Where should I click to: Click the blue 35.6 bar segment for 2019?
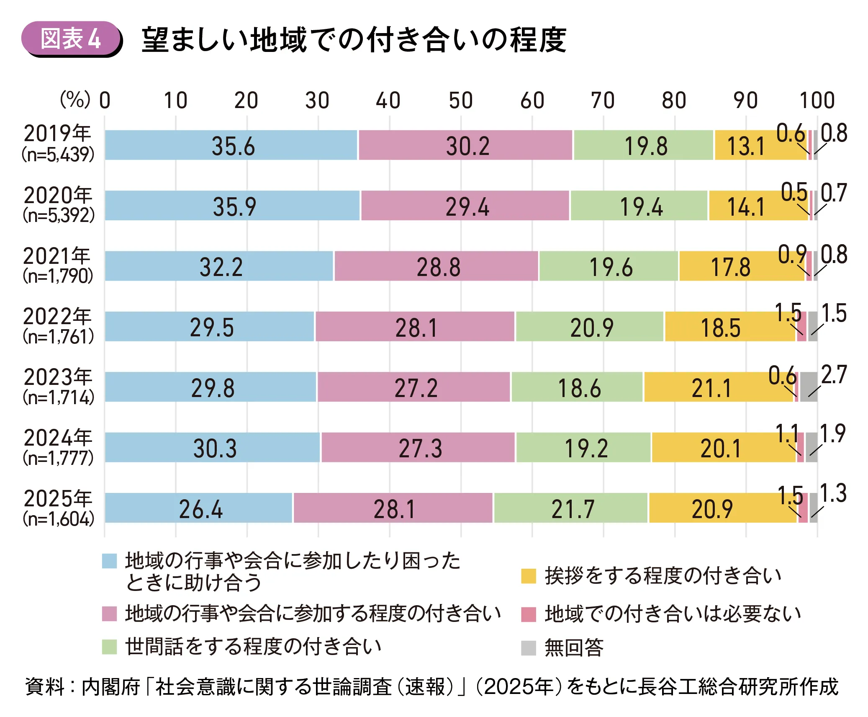231,145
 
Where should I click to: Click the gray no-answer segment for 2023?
808,387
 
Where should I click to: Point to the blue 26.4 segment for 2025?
198,508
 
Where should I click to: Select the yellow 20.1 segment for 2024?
723,447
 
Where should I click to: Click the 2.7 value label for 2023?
834,374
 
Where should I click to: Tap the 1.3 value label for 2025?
833,493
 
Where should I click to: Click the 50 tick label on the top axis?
461,101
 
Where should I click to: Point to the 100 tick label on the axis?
817,101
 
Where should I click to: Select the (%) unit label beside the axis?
75,100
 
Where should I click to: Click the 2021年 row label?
57,256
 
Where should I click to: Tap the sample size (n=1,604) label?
59,519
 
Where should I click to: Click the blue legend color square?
110,561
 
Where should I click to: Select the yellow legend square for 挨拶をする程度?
529,576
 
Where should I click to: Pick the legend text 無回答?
574,647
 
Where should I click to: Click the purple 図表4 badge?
71,39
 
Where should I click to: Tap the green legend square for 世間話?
110,647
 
